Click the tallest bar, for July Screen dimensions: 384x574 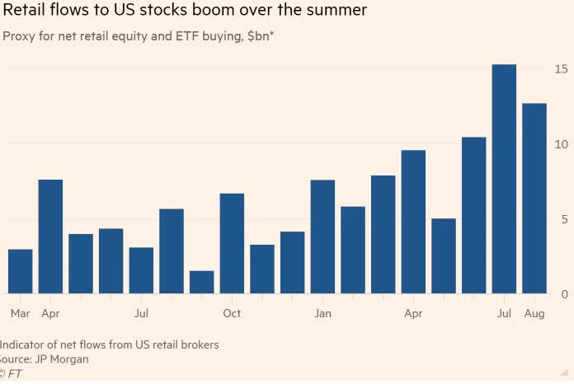[x=504, y=179]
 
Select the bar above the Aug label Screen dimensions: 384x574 [x=534, y=198]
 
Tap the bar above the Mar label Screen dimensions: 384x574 [x=20, y=271]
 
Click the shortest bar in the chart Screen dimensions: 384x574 [x=201, y=282]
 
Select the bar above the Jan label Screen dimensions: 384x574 [x=322, y=236]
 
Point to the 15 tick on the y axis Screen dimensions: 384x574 [x=561, y=69]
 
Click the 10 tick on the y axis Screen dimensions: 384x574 [x=561, y=144]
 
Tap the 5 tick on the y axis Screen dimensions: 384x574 [x=563, y=219]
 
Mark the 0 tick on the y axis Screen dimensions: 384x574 [x=563, y=294]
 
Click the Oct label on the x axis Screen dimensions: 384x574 [x=232, y=314]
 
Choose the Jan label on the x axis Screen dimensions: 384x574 [x=322, y=314]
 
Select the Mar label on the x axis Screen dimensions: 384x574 [x=20, y=314]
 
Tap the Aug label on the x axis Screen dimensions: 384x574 [x=534, y=314]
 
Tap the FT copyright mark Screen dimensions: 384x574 [x=11, y=374]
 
